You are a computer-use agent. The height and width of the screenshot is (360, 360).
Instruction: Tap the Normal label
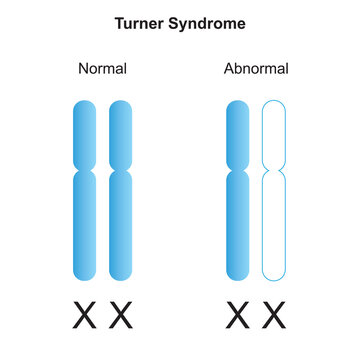(x=103, y=69)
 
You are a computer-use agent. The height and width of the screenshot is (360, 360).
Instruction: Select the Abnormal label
(x=256, y=69)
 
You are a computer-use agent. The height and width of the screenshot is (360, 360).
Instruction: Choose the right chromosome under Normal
(x=120, y=190)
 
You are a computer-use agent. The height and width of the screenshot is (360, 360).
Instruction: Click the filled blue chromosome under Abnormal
(x=239, y=190)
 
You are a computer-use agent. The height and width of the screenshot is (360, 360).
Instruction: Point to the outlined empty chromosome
(x=273, y=190)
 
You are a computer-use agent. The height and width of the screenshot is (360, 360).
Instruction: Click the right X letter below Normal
(x=120, y=318)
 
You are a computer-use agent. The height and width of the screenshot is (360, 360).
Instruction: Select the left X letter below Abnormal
(x=238, y=318)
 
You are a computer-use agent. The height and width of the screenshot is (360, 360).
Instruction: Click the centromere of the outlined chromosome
(x=273, y=171)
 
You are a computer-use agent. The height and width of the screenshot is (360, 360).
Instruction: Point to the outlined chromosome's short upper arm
(x=273, y=135)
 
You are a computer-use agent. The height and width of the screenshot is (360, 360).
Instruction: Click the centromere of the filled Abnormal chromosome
(x=239, y=171)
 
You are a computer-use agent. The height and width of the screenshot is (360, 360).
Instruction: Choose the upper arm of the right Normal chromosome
(x=120, y=135)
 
